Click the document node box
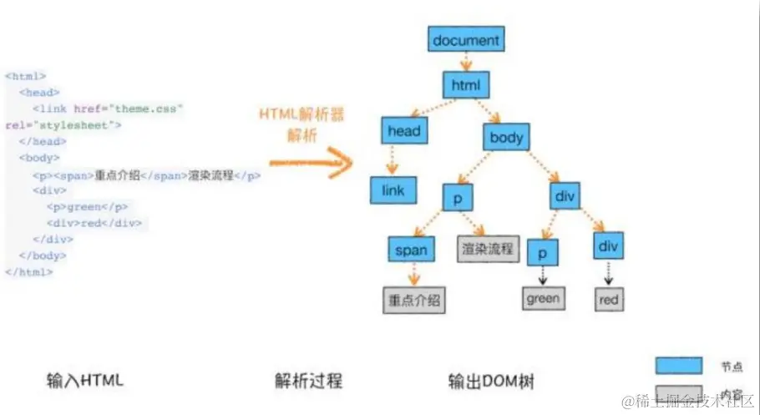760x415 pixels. pos(466,39)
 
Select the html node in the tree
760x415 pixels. pos(466,85)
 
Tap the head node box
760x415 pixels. pos(404,131)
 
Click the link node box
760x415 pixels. pos(393,190)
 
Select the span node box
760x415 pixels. pos(410,250)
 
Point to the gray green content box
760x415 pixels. pos(543,297)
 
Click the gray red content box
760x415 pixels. pos(609,299)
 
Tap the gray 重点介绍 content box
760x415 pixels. pos(413,299)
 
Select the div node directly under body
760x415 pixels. pos(565,197)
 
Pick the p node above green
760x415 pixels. pos(543,251)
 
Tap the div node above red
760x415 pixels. pos(609,245)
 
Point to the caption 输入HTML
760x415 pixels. pos(85,381)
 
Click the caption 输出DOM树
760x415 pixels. pos(490,381)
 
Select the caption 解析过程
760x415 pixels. pos(308,381)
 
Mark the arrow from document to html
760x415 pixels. pos(466,62)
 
